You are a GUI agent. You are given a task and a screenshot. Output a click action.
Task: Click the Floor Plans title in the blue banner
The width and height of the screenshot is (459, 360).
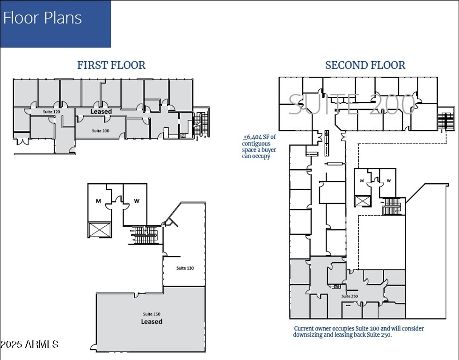click(43, 18)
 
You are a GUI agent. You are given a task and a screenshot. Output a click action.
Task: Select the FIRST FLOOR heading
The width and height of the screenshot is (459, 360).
click(111, 65)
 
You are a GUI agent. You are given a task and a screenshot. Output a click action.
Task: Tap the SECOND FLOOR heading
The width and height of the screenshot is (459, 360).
click(365, 65)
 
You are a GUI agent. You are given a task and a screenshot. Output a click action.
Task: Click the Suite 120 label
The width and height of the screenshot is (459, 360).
click(51, 112)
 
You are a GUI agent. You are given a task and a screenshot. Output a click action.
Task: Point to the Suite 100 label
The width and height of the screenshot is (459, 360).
click(101, 131)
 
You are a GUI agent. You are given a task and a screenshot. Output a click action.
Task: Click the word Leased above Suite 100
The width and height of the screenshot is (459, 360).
click(101, 112)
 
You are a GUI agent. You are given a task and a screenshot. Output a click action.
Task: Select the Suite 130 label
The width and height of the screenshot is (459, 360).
click(185, 268)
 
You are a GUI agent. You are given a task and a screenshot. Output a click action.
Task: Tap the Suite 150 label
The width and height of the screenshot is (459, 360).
click(152, 314)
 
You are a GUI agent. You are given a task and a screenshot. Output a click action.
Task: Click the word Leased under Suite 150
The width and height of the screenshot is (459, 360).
click(152, 322)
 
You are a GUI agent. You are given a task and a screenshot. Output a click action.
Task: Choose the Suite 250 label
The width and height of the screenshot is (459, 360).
click(350, 296)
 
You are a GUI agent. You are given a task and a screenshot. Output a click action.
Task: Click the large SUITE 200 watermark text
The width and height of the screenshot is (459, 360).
click(351, 104)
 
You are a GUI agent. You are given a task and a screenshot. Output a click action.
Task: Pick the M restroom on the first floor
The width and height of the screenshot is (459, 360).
click(99, 201)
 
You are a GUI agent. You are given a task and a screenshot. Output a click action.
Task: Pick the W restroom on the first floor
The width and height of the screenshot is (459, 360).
click(136, 201)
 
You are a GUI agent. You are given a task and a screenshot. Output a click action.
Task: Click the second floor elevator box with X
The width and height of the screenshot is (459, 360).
click(363, 201)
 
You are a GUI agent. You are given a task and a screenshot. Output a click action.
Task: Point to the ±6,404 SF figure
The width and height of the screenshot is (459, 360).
click(260, 137)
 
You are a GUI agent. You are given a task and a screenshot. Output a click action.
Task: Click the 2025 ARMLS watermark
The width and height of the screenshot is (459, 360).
click(29, 345)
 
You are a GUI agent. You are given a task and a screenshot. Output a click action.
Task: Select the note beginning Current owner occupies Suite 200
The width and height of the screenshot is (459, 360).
click(358, 331)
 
